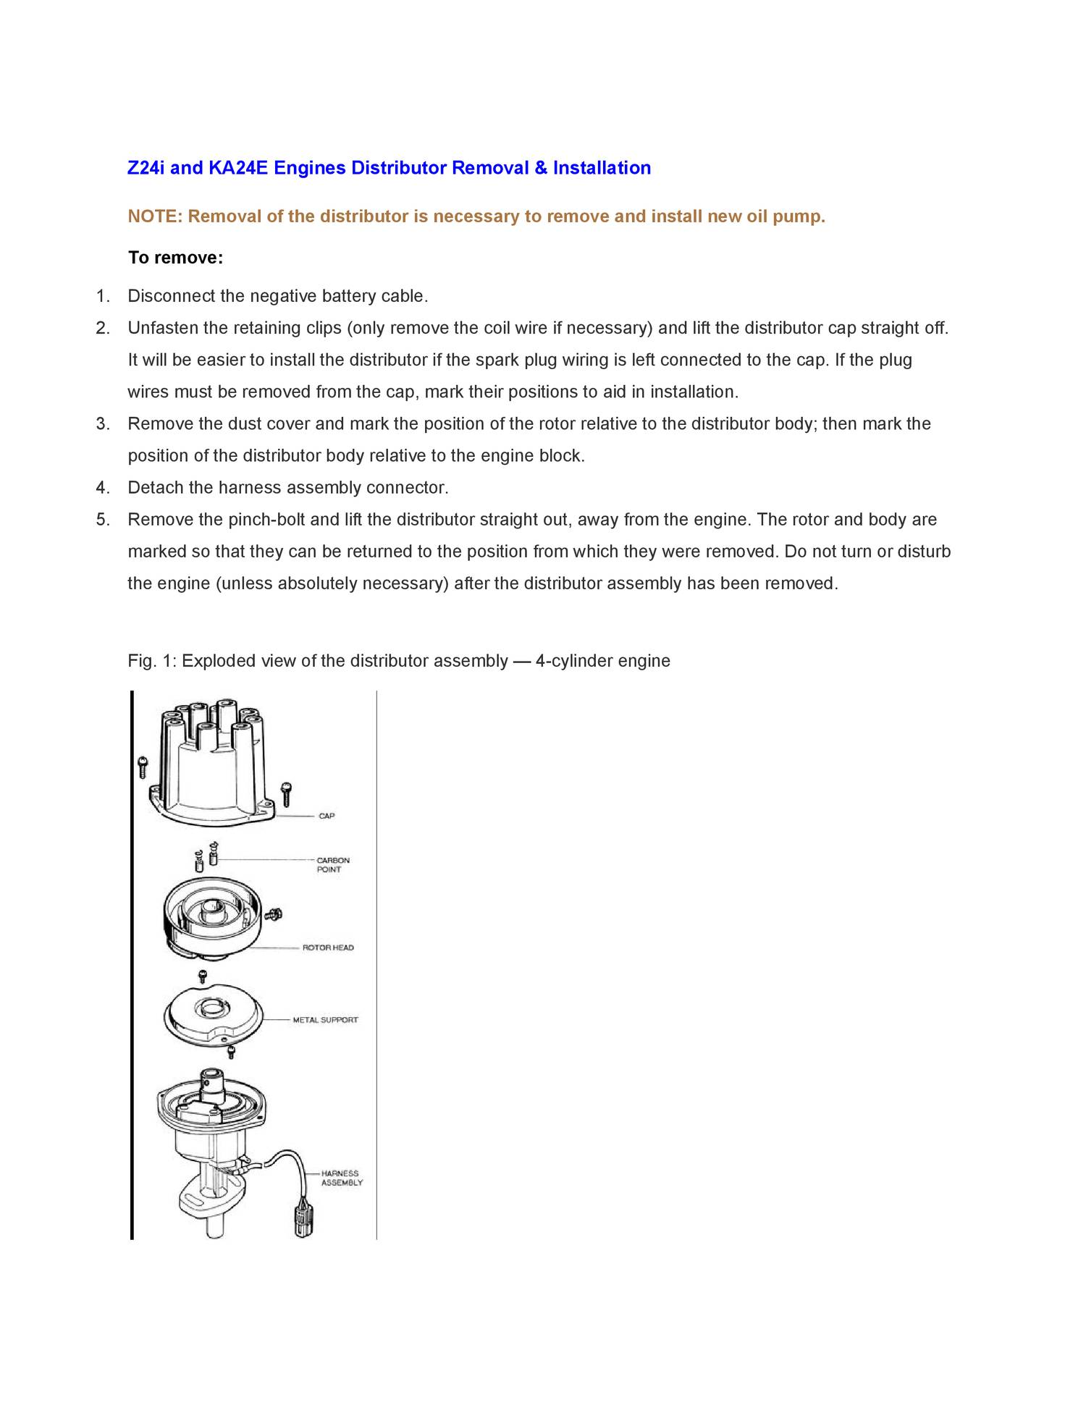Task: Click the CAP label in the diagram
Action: click(327, 816)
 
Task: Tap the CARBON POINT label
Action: click(332, 865)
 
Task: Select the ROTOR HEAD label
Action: click(328, 948)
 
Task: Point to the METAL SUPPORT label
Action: click(325, 1020)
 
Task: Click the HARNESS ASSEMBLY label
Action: click(341, 1178)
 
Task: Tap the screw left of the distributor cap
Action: click(143, 767)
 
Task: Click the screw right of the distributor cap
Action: click(287, 793)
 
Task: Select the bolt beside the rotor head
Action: click(274, 914)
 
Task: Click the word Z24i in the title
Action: click(146, 168)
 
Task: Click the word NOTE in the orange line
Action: click(154, 216)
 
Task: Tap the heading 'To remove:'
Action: click(175, 258)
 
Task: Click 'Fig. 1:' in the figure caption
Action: click(152, 661)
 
